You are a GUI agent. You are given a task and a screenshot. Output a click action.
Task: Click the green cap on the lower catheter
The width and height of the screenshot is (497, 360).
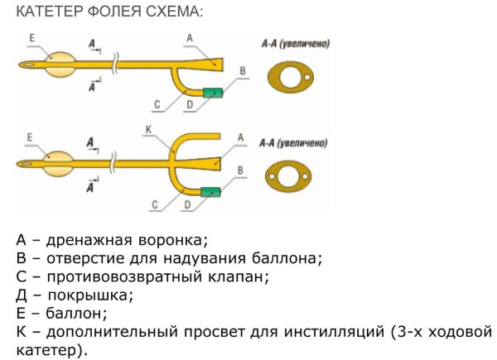pos(213,192)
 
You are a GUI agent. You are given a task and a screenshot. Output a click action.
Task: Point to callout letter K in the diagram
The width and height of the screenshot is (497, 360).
pos(147,130)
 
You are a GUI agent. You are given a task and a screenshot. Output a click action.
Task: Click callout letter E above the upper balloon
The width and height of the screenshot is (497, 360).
pos(31,38)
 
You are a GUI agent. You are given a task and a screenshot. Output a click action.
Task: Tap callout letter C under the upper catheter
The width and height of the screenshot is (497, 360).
pos(156,104)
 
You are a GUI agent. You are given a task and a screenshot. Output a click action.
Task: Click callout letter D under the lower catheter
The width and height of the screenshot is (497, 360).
pos(189,204)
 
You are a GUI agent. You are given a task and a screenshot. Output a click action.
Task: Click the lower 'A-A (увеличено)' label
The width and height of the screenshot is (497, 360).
pos(295,142)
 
